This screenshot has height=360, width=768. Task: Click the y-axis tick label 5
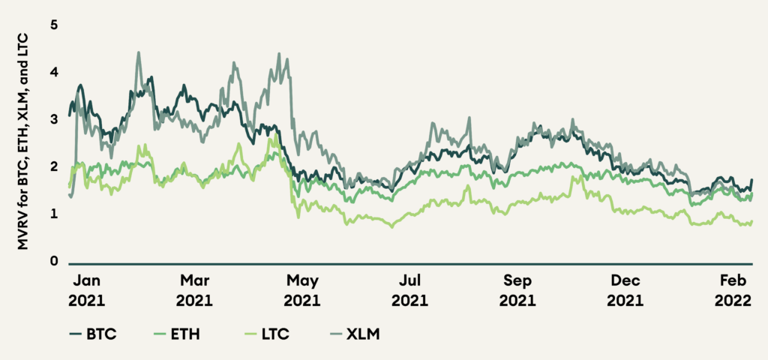53,25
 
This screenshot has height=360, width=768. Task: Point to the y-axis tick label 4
53,72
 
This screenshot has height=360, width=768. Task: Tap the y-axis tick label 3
53,119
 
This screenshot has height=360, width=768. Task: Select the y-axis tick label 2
53,166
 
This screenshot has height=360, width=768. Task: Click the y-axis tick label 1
53,214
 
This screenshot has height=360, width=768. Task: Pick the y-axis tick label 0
53,262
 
